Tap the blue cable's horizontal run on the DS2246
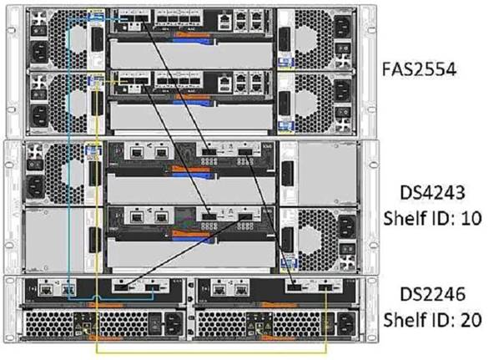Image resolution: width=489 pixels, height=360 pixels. click(x=117, y=297)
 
